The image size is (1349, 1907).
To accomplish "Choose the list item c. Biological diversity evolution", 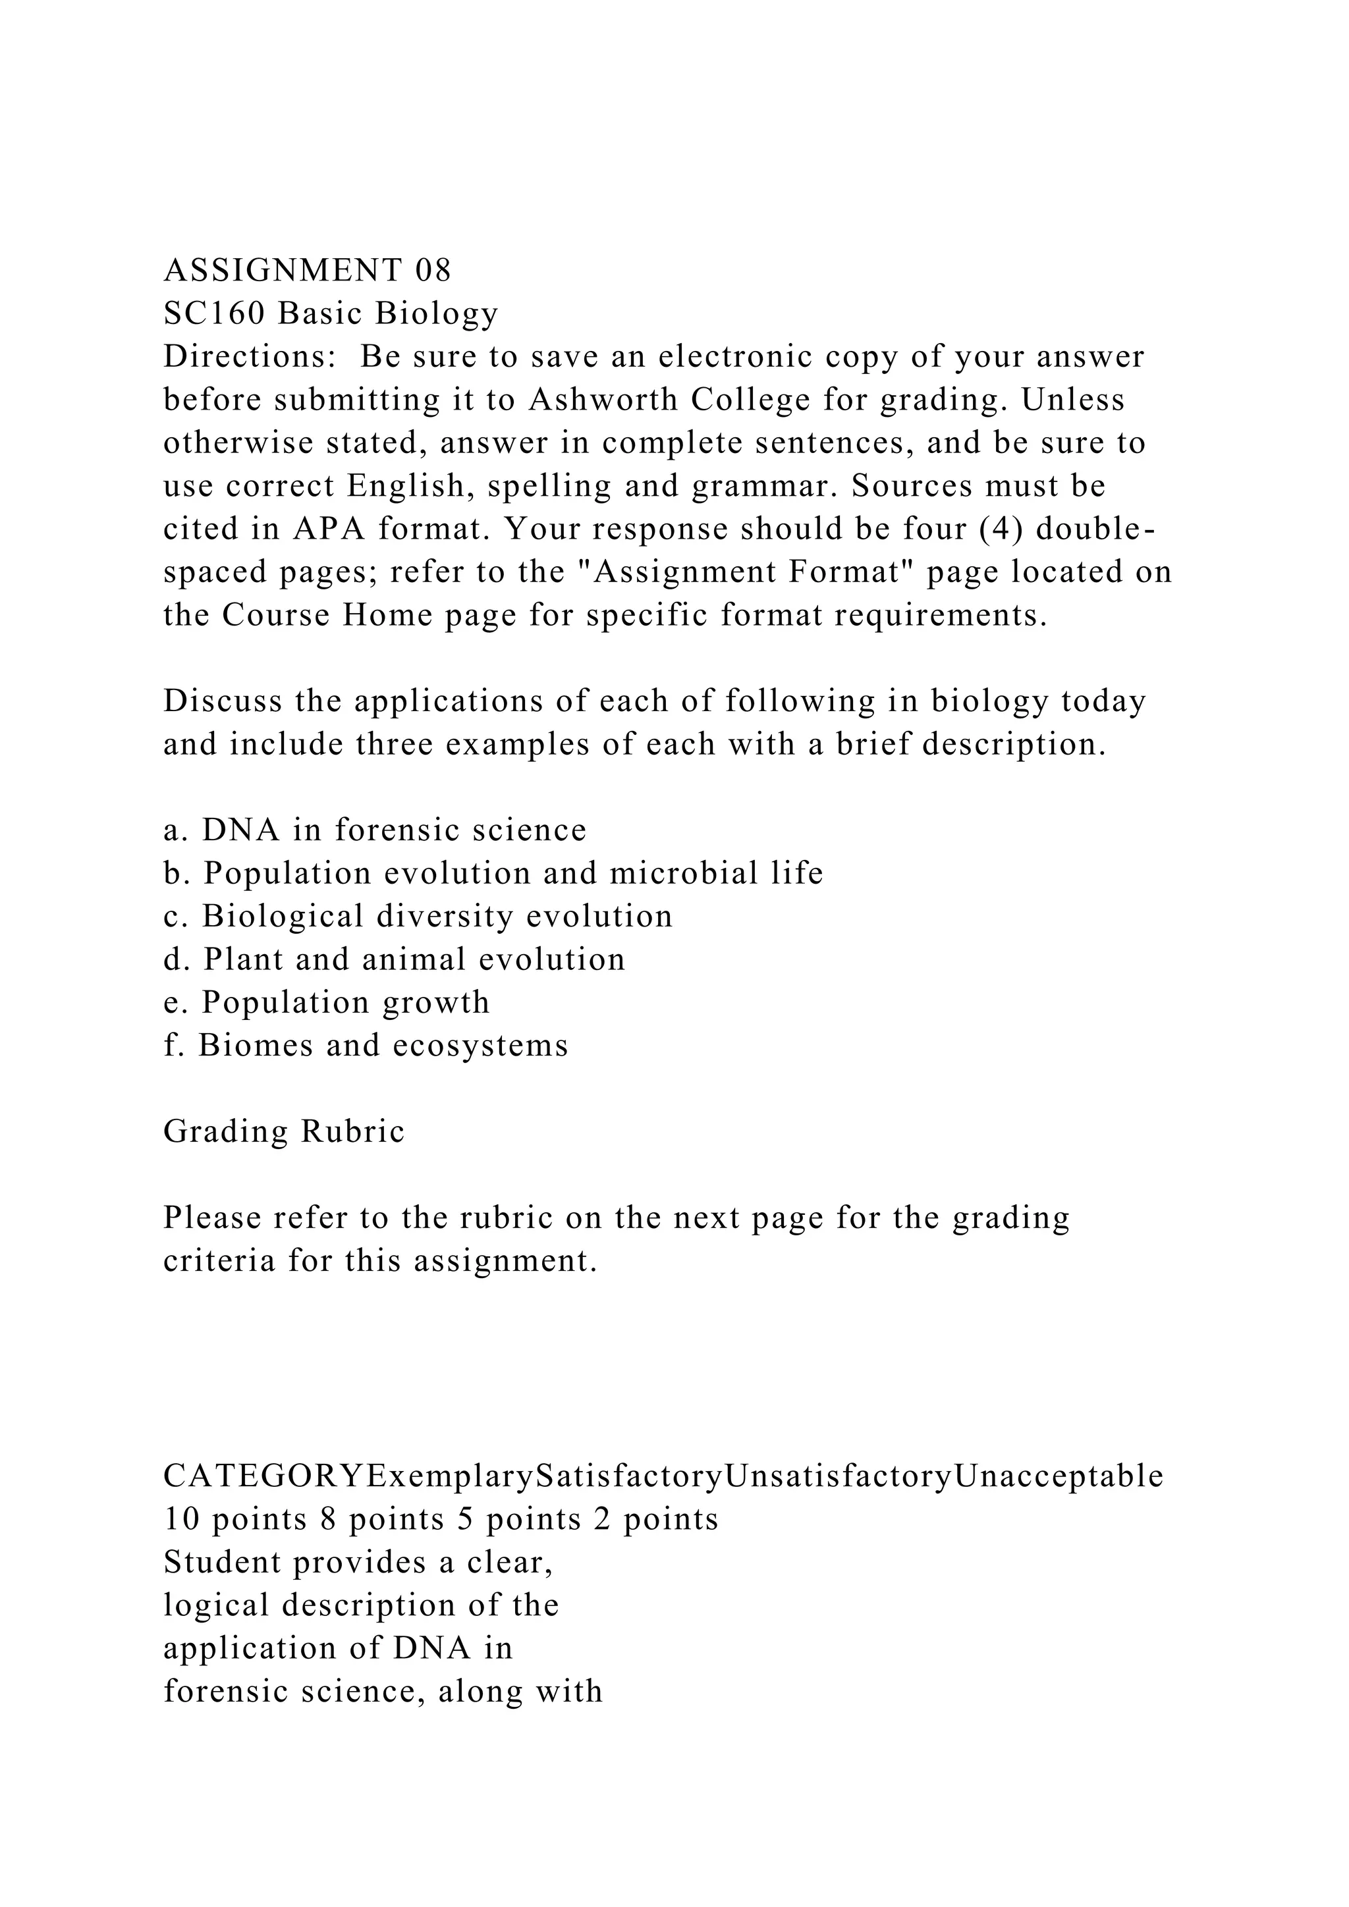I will tap(418, 916).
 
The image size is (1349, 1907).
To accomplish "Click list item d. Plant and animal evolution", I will tap(394, 959).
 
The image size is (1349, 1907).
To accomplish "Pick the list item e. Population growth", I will tap(327, 1002).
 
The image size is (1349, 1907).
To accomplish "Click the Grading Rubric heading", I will tap(284, 1131).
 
